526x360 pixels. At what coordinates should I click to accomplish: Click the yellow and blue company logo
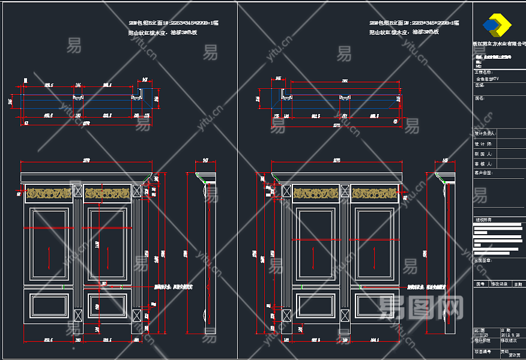498,25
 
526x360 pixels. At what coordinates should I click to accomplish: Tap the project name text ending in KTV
488,79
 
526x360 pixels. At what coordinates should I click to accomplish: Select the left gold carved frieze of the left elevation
49,193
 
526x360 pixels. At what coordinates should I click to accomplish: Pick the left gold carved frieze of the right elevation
317,193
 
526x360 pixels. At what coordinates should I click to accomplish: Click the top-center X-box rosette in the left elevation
78,191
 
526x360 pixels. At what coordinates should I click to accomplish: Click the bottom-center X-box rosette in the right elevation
345,316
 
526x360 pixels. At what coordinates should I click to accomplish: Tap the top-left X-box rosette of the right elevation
286,192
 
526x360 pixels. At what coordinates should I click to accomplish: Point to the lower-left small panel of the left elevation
49,304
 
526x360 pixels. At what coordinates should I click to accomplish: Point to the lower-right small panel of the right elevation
374,304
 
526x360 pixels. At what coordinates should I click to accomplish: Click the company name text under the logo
499,44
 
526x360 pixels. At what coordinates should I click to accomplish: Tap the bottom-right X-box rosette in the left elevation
136,315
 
